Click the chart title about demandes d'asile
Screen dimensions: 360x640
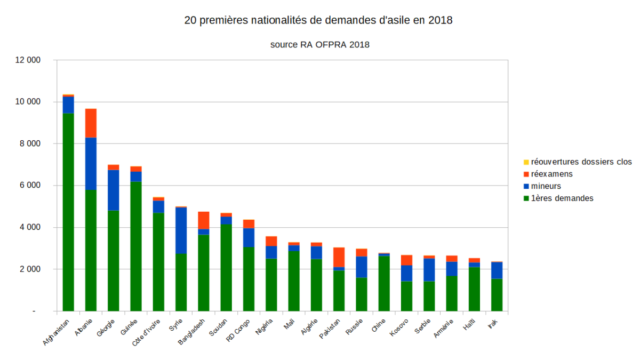[318, 21]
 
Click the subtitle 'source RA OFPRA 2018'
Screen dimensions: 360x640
[319, 45]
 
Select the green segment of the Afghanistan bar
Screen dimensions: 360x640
[68, 213]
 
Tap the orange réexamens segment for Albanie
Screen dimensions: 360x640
[91, 123]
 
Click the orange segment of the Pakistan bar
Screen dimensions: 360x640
[339, 257]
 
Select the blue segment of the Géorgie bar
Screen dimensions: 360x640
[113, 190]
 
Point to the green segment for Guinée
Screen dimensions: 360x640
[135, 245]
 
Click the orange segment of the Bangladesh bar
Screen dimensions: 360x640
[203, 220]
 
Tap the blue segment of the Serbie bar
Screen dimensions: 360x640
[429, 270]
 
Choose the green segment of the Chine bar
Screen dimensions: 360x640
[384, 283]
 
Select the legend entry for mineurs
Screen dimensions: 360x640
[546, 186]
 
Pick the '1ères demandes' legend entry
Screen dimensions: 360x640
[562, 198]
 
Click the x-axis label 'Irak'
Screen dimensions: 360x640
[493, 324]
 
